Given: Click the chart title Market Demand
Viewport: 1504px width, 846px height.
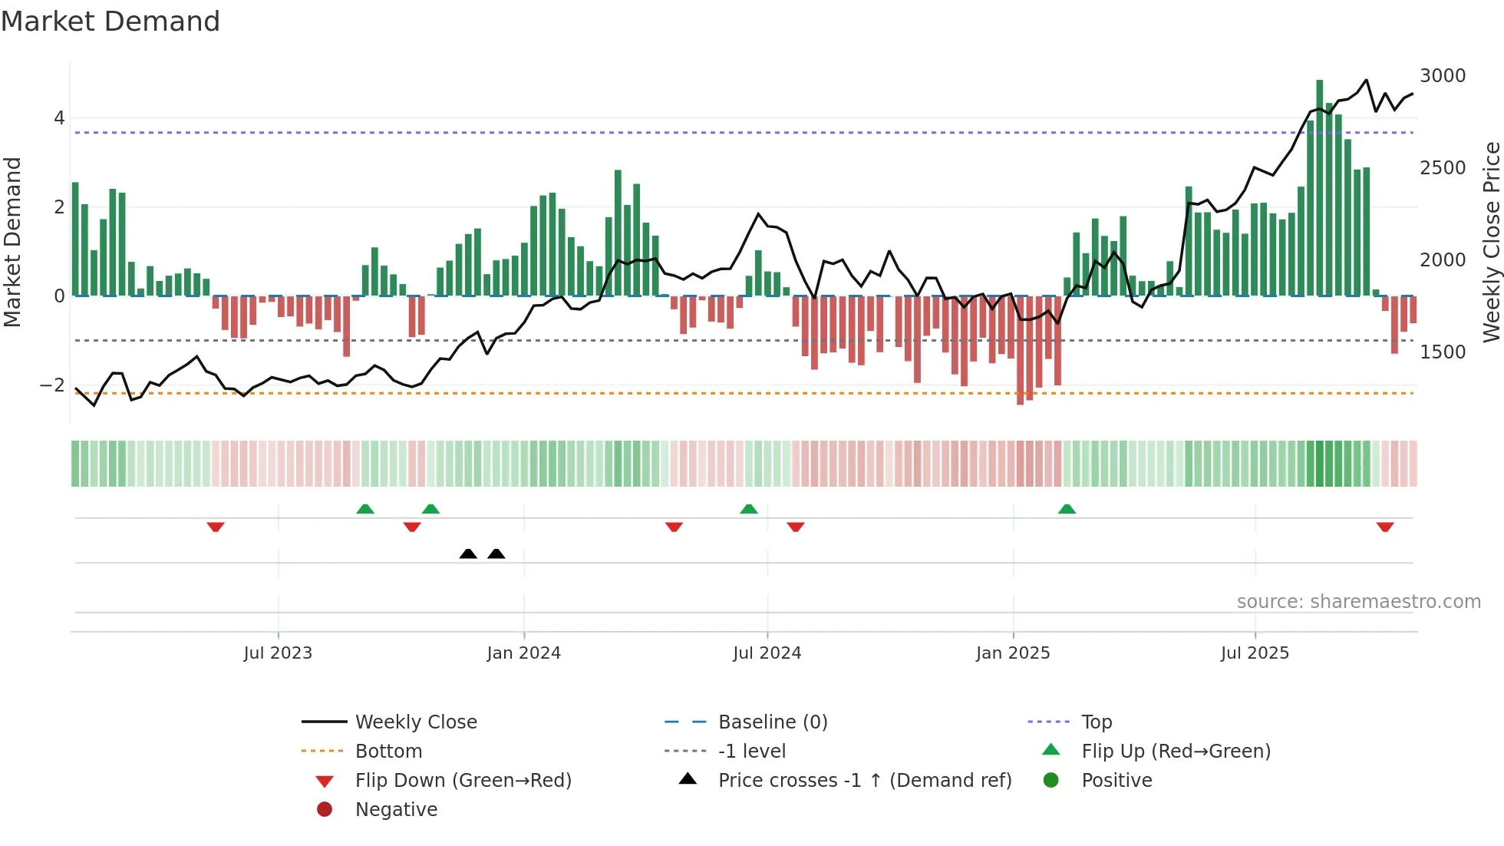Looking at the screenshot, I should click(x=110, y=21).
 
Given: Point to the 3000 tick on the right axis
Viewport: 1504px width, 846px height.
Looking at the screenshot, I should click(x=1442, y=76).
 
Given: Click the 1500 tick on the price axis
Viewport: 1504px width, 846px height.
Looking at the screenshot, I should click(x=1442, y=352).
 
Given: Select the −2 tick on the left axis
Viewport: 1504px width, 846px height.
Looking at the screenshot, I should click(x=52, y=385).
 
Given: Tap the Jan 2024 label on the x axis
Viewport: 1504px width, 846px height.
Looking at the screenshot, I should click(x=523, y=653).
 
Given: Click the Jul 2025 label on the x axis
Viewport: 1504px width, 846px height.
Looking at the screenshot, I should click(x=1255, y=653).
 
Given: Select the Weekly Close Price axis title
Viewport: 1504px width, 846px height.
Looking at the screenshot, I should click(x=1491, y=242).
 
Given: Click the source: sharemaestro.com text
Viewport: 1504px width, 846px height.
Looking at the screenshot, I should click(x=1358, y=602).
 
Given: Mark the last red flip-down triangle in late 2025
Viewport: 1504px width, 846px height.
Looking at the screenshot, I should click(x=1384, y=527).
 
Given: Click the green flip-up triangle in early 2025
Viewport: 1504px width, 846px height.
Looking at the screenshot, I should click(x=1067, y=509).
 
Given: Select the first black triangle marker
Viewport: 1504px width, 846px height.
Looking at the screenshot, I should click(x=468, y=554).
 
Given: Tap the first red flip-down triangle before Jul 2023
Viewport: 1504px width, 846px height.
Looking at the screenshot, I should click(x=216, y=527).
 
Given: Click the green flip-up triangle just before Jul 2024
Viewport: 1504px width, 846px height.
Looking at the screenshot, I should click(x=749, y=509).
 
